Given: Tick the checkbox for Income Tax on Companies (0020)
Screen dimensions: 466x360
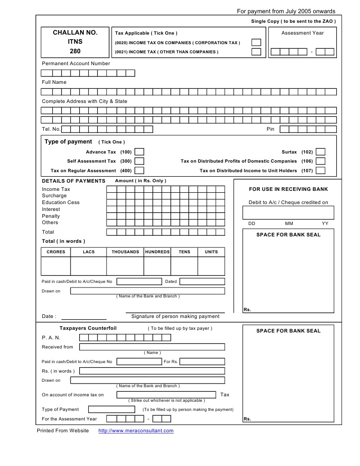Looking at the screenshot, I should pyautogui.click(x=256, y=42).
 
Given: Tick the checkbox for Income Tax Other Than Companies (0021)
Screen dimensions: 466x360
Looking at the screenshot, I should pyautogui.click(x=256, y=52).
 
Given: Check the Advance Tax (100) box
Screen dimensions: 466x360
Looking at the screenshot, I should pyautogui.click(x=139, y=152).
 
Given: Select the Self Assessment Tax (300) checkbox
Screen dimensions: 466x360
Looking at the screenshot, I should pyautogui.click(x=139, y=161).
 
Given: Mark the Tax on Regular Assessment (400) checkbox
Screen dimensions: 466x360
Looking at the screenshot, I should pyautogui.click(x=139, y=171).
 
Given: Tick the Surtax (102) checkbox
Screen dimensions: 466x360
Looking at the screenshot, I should pyautogui.click(x=320, y=152).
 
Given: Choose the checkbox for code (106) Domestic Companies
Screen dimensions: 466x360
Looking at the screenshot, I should pyautogui.click(x=320, y=161).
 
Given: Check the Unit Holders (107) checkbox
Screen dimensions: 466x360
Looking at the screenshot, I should pyautogui.click(x=320, y=171).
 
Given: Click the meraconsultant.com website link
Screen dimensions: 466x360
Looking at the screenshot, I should pyautogui.click(x=136, y=431).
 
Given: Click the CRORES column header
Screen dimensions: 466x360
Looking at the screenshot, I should pyautogui.click(x=56, y=252).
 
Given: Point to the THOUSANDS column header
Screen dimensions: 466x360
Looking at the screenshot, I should pyautogui.click(x=125, y=252).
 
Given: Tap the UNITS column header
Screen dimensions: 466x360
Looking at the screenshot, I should pyautogui.click(x=211, y=252).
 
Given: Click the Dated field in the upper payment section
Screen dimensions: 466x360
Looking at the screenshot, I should pyautogui.click(x=202, y=282).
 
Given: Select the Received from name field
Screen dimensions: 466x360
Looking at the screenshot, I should pyautogui.click(x=152, y=347).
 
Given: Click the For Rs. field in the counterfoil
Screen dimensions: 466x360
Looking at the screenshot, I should pyautogui.click(x=202, y=362).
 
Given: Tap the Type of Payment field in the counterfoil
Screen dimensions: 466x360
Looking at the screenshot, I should pyautogui.click(x=112, y=409).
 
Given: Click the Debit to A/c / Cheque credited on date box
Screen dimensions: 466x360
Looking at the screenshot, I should pyautogui.click(x=288, y=213).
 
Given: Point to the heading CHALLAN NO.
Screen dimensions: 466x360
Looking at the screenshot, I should pyautogui.click(x=75, y=33).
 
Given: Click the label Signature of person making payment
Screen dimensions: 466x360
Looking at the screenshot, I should pyautogui.click(x=175, y=316).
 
